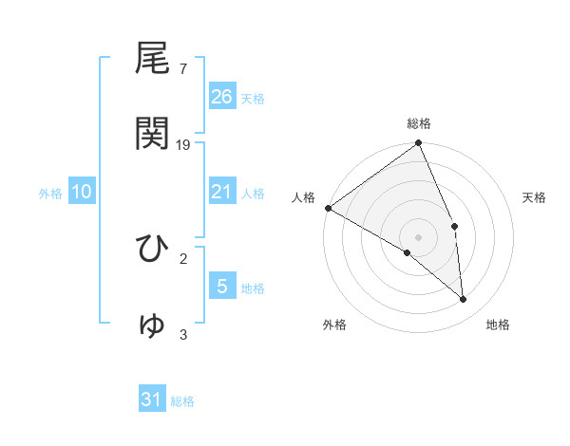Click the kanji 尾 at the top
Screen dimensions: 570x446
click(153, 59)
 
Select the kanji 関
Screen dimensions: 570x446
click(153, 134)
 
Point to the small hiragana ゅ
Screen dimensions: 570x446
click(153, 325)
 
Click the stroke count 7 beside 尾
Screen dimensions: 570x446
click(183, 69)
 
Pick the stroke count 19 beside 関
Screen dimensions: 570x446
click(184, 145)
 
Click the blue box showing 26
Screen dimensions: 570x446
click(222, 96)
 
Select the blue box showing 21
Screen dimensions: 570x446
click(222, 192)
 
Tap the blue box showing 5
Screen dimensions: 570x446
click(222, 286)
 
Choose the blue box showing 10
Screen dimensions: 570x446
click(82, 192)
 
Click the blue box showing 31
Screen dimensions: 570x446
click(152, 400)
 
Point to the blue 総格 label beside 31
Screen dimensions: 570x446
click(182, 401)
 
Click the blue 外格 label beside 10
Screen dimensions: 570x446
click(50, 194)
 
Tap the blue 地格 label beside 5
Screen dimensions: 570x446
click(253, 288)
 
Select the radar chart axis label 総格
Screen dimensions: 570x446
click(419, 123)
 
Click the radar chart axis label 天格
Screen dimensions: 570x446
click(534, 197)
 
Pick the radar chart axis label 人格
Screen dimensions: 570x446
click(303, 197)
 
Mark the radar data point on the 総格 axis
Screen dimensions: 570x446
click(419, 144)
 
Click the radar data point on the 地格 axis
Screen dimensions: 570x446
click(464, 300)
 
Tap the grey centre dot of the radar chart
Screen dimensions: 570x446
click(419, 236)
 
